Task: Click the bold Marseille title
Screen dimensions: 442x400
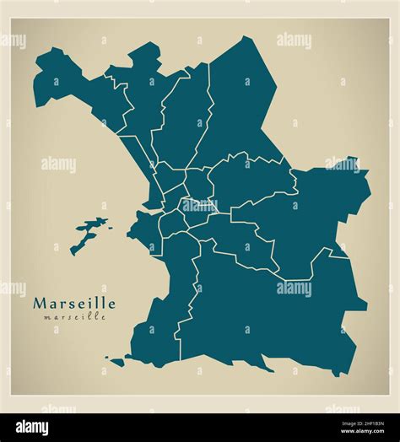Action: click(x=74, y=303)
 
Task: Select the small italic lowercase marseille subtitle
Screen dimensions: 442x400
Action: click(x=74, y=317)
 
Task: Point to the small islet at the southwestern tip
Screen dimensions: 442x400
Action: click(x=116, y=362)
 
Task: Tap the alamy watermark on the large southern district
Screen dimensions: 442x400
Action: click(x=294, y=288)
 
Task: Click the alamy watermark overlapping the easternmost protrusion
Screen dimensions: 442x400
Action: click(x=342, y=164)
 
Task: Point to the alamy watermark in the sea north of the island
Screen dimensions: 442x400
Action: click(x=58, y=164)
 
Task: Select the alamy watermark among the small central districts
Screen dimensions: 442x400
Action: click(x=200, y=203)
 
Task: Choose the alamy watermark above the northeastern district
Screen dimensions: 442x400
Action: click(x=294, y=40)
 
